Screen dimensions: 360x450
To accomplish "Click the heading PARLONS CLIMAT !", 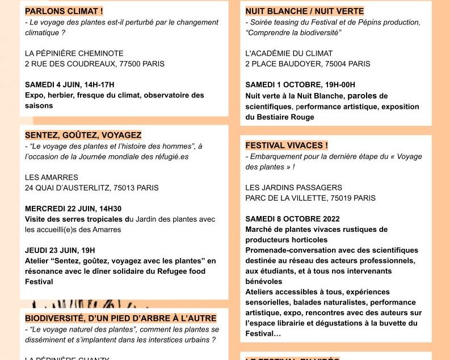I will click(x=64, y=11).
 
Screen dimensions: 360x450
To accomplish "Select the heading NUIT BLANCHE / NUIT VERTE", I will click(x=305, y=11).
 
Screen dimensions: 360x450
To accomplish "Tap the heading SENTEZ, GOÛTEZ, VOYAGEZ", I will click(x=83, y=135).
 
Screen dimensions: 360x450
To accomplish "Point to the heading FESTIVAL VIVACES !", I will click(x=287, y=145).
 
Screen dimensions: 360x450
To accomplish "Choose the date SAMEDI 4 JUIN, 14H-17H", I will click(x=70, y=84).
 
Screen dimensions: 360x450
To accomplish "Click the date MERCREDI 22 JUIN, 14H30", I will click(x=73, y=209).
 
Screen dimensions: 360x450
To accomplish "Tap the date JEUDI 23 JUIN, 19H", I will click(x=60, y=250).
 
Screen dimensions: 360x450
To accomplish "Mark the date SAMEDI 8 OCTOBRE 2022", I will click(x=292, y=219).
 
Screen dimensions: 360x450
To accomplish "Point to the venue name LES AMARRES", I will click(x=52, y=177).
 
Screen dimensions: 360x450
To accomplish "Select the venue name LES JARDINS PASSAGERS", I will click(x=293, y=188).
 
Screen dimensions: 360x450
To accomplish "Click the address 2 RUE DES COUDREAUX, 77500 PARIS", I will click(x=95, y=63).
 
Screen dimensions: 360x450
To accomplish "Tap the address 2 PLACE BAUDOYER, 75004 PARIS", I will click(x=308, y=63).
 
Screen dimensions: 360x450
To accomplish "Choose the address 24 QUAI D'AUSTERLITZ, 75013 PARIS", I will click(x=92, y=188).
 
